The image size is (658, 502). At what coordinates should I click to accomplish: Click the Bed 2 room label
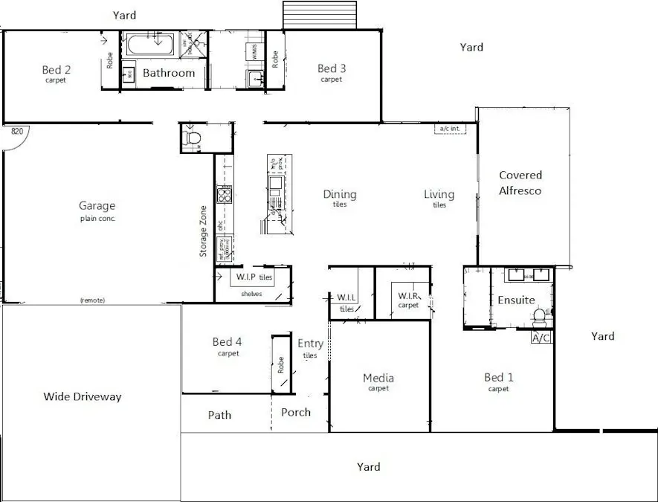click(x=56, y=71)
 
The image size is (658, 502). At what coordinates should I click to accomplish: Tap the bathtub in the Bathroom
click(x=151, y=45)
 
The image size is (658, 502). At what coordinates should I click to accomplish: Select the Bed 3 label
click(x=332, y=69)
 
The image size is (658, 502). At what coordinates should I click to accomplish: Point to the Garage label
click(x=97, y=206)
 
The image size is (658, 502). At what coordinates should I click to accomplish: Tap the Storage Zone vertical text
click(x=204, y=231)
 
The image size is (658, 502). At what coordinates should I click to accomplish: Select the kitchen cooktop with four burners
click(x=224, y=195)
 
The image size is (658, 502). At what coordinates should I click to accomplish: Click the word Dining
click(x=339, y=195)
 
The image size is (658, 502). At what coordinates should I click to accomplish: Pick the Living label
click(x=439, y=195)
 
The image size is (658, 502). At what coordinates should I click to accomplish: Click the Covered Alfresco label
click(x=520, y=183)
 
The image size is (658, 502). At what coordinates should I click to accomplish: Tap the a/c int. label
click(x=452, y=129)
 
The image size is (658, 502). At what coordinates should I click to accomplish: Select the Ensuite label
click(x=516, y=300)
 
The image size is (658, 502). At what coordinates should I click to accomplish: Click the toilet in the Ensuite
click(x=541, y=317)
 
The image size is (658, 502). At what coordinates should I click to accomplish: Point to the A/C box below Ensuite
click(x=541, y=338)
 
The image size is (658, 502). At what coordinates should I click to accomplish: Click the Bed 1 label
click(x=499, y=378)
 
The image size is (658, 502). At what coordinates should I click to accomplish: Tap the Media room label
click(x=378, y=379)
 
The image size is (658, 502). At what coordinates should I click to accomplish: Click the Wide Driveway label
click(x=82, y=396)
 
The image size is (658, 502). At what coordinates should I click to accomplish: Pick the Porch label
click(x=296, y=412)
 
